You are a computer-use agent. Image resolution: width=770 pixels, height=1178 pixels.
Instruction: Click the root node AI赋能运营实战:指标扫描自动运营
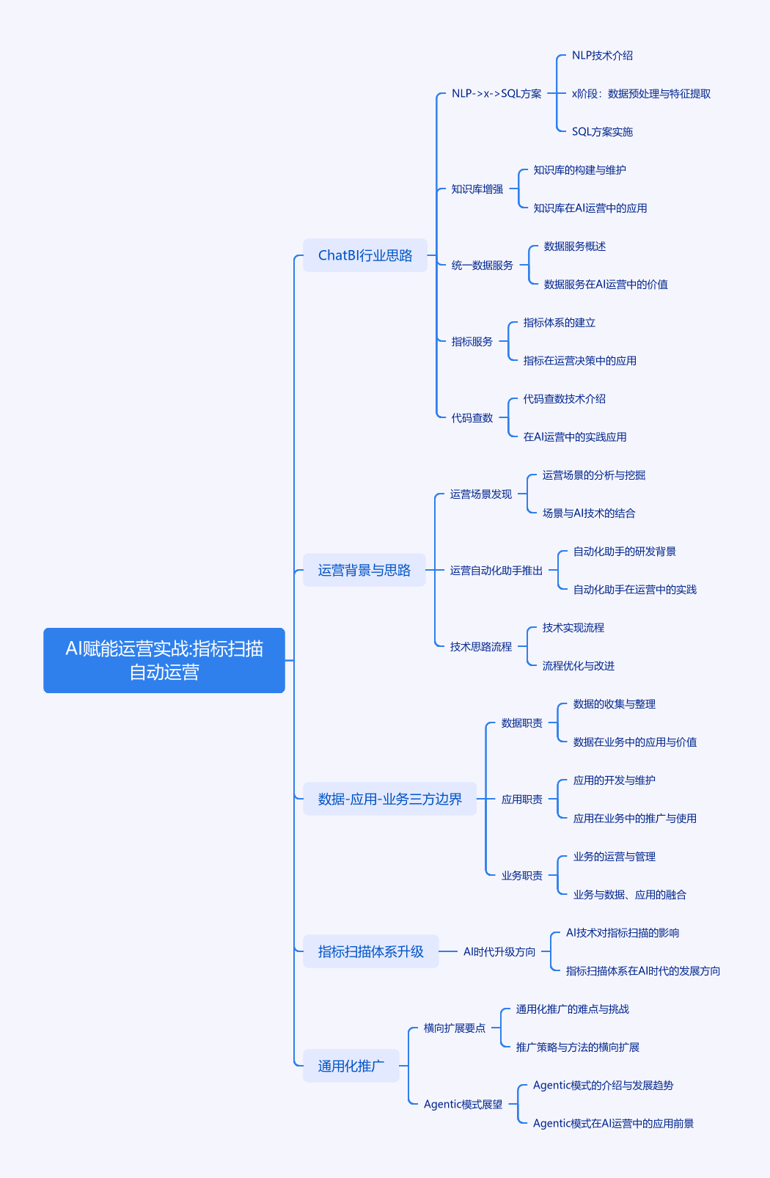164,660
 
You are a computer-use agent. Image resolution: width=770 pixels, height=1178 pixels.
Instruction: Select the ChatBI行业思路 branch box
365,255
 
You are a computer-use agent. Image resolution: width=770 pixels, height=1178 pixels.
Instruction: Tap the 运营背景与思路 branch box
364,570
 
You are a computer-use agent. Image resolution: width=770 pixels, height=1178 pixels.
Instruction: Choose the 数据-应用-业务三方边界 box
390,799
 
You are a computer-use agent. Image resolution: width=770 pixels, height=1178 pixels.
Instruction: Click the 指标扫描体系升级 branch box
371,951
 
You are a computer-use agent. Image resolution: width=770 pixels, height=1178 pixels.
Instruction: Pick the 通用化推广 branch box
351,1066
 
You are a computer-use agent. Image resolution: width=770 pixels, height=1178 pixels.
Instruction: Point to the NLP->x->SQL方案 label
496,94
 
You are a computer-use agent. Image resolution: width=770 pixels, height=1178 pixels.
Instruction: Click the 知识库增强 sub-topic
477,189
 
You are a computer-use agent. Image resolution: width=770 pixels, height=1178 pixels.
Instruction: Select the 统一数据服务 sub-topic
483,265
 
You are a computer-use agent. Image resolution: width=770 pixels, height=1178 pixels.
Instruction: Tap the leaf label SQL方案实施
602,131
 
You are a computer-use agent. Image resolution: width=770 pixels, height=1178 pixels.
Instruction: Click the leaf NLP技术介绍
602,55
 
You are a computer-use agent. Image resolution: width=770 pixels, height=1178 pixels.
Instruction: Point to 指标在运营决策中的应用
580,361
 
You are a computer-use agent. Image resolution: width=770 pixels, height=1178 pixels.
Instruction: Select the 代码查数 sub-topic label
472,417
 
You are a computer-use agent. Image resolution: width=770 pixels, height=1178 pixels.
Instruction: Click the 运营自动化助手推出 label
496,570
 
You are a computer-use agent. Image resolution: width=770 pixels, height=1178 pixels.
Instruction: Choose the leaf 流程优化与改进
579,666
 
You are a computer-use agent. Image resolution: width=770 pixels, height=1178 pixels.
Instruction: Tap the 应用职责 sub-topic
522,800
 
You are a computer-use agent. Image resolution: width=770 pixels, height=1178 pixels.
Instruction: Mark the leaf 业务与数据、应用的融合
630,895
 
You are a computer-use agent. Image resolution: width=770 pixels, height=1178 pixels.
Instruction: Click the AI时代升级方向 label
499,951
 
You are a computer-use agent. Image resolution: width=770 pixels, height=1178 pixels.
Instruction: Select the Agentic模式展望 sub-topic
463,1105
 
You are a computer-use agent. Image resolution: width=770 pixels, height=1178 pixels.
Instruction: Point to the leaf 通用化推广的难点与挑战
573,1009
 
